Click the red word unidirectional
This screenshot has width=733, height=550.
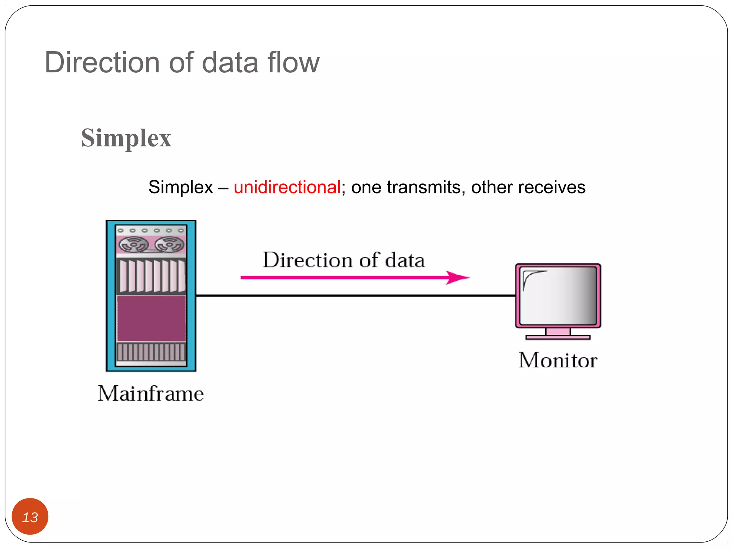(x=287, y=187)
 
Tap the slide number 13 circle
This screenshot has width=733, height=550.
(x=30, y=516)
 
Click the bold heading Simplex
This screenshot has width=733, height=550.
(x=126, y=138)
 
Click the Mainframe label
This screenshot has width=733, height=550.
(x=151, y=394)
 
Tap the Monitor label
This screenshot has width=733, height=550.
(x=558, y=360)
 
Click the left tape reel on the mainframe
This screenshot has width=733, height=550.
(x=133, y=245)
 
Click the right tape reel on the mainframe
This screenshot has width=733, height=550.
(x=169, y=245)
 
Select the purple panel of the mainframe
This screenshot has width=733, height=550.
(x=151, y=318)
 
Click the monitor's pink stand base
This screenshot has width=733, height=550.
(x=558, y=337)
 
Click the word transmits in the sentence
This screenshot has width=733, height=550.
(x=423, y=187)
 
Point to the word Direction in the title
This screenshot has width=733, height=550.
(x=102, y=62)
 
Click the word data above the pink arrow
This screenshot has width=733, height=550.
(x=405, y=260)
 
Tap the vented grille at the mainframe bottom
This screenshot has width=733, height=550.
(x=151, y=352)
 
